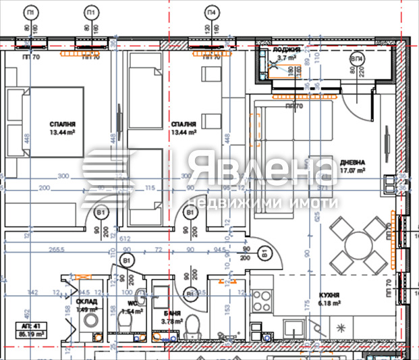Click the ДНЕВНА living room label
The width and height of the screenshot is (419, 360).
(352, 163)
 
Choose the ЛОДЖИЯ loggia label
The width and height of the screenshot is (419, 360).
(286, 50)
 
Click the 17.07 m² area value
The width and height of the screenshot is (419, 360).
(352, 172)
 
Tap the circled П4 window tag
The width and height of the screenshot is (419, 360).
(213, 13)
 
